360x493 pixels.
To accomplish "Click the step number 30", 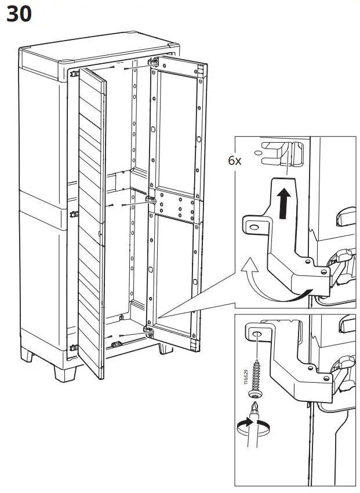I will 19,14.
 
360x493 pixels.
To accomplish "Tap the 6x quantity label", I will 234,161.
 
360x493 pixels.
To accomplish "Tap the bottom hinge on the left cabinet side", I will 73,348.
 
